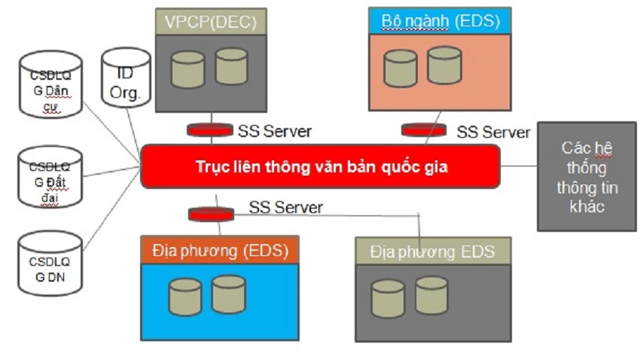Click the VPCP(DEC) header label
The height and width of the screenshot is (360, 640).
coord(211,22)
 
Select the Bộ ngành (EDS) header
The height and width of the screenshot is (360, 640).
coord(440,21)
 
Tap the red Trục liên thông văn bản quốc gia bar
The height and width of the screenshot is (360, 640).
coord(320,166)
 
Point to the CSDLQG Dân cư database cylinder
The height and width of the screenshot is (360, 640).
coord(50,86)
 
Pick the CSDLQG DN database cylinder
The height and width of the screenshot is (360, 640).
coord(50,263)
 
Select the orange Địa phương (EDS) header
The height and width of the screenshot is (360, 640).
coord(219,249)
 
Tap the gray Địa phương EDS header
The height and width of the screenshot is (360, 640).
coord(432,251)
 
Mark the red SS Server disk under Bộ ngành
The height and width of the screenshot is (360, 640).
coord(423,130)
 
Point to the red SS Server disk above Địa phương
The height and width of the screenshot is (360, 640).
coord(210,214)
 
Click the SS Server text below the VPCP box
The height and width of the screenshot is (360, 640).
coord(274,131)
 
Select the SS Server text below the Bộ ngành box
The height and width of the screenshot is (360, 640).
coord(493,132)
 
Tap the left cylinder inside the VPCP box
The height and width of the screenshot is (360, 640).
coord(187,69)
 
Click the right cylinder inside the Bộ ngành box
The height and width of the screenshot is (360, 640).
coord(444,66)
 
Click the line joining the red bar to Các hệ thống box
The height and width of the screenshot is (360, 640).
coord(519,166)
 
